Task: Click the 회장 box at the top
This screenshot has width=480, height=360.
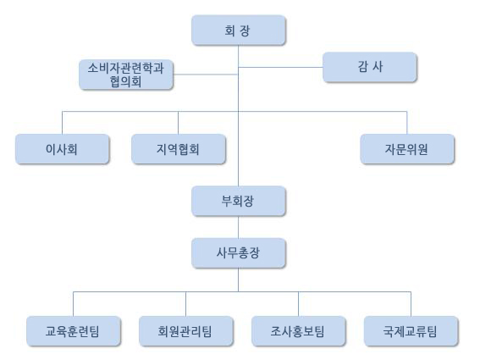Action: tap(239, 30)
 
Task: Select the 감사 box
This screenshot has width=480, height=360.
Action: tap(370, 67)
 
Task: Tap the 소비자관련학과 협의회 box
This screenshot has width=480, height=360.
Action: tap(126, 75)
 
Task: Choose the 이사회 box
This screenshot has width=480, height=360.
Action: tap(62, 149)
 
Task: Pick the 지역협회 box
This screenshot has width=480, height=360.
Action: tap(179, 149)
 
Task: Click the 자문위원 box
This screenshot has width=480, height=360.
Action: tap(407, 149)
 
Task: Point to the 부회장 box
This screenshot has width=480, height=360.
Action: tap(239, 201)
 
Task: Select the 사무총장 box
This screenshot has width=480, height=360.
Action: tap(239, 253)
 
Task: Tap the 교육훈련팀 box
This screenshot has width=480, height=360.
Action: tap(74, 331)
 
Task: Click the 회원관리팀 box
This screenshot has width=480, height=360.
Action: tap(185, 331)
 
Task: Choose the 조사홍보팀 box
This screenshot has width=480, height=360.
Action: tap(299, 331)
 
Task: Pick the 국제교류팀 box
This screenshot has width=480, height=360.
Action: tap(411, 331)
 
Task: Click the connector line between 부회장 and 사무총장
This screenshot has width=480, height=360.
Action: tap(239, 227)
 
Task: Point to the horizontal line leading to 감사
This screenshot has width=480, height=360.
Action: tap(281, 67)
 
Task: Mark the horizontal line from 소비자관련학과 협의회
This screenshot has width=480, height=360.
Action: tap(206, 75)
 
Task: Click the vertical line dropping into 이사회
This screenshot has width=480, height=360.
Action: tap(62, 123)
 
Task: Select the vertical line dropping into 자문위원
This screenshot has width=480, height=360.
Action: tap(407, 123)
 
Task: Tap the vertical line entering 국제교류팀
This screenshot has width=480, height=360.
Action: tap(411, 304)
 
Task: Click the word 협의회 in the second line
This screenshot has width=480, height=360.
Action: tap(126, 82)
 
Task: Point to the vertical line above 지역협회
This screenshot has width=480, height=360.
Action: tap(178, 123)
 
